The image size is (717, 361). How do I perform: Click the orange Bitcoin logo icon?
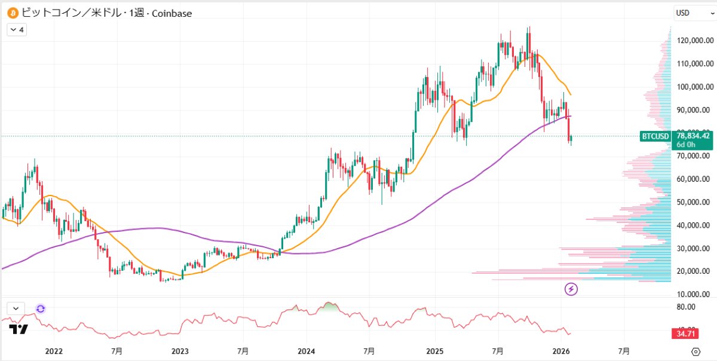[11, 12]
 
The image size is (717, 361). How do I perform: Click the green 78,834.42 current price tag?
[694, 136]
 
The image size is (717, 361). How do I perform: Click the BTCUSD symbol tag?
[655, 136]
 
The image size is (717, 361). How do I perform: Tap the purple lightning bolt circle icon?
[571, 289]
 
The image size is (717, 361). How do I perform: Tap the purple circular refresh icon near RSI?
[41, 308]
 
